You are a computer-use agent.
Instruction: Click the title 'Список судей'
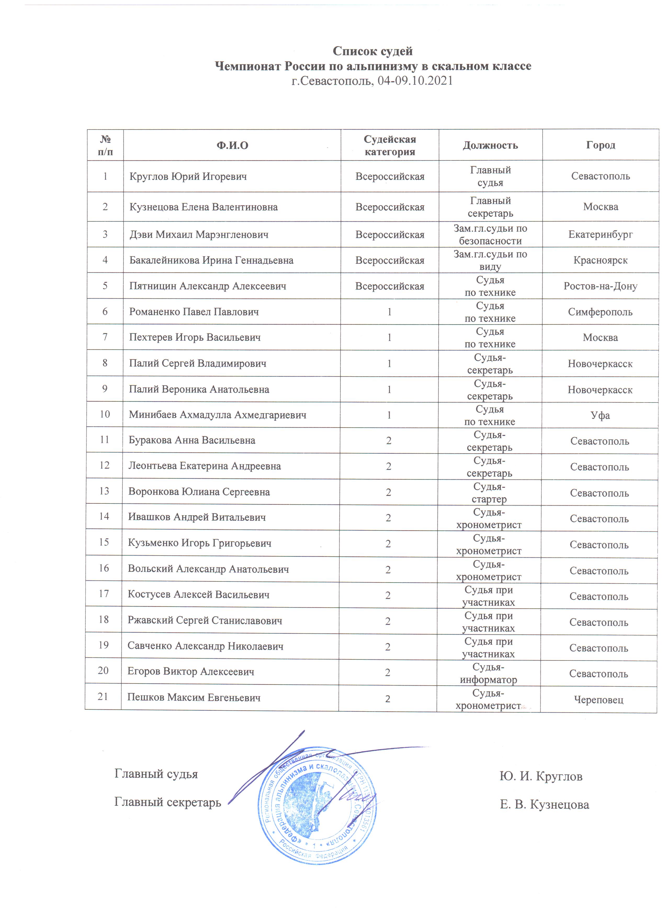tap(372, 51)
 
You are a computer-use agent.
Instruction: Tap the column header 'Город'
tap(600, 145)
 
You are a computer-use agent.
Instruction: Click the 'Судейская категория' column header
tap(389, 145)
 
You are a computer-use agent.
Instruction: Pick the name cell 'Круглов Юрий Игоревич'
tap(188, 176)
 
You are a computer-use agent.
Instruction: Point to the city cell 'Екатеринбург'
tap(600, 234)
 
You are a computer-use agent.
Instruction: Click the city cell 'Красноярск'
tap(600, 260)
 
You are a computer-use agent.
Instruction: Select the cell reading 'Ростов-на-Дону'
tap(600, 286)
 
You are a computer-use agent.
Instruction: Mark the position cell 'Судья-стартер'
tap(489, 492)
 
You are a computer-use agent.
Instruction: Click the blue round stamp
tap(318, 805)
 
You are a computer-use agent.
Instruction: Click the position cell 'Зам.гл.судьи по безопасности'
tap(490, 235)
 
